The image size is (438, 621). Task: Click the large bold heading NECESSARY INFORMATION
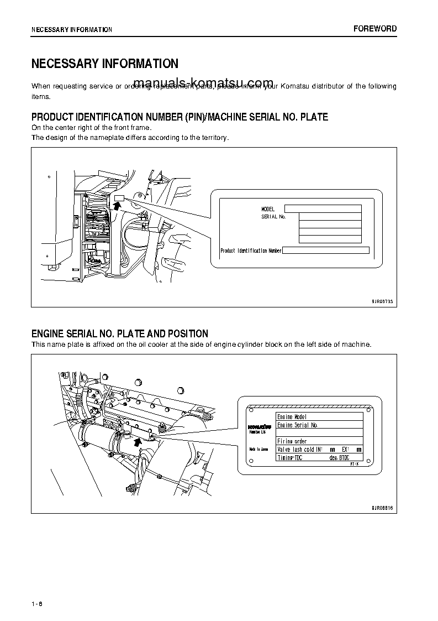pos(104,64)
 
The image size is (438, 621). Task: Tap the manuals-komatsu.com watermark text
pos(203,82)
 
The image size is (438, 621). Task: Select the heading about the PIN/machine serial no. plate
pos(180,117)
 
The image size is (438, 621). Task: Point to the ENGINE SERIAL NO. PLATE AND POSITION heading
pos(120,333)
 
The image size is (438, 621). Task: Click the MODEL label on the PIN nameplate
pos(268,210)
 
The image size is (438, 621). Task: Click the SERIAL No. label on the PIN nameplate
pos(273,217)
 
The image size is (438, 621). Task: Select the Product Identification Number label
pos(251,251)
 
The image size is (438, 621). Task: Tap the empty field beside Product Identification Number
pos(325,251)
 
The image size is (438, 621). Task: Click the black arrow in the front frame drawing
pos(117,206)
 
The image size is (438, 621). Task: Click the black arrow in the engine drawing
pos(138,441)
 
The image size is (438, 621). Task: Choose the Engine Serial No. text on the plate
pos(297,425)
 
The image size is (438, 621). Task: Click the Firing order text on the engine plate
pos(292,441)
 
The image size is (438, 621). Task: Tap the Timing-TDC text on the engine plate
pos(292,458)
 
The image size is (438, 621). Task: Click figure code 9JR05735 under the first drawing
pos(382,302)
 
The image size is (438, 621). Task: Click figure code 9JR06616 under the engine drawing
pos(382,508)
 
